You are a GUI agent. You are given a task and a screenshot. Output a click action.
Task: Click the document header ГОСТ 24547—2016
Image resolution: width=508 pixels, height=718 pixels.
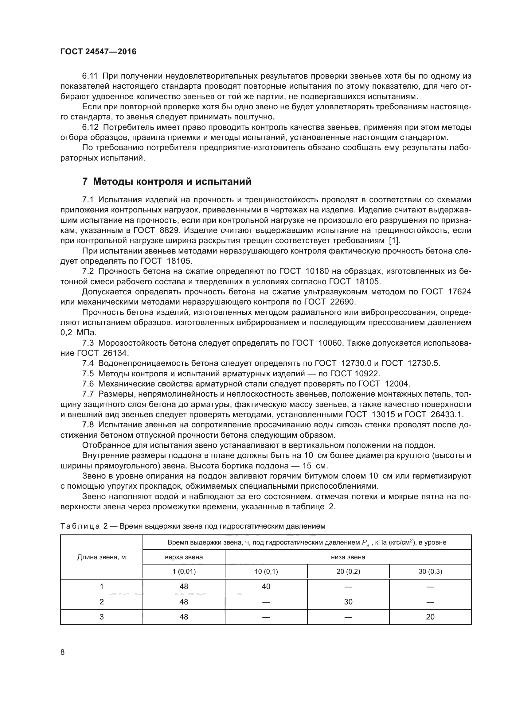pyautogui.click(x=98, y=52)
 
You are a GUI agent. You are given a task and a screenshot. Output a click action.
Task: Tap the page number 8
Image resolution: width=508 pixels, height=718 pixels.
pyautogui.click(x=63, y=652)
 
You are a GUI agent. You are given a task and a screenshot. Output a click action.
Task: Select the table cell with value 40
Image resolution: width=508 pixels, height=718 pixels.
pyautogui.click(x=266, y=586)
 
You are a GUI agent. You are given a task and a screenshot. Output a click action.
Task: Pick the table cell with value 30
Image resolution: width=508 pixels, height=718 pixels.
pyautogui.click(x=348, y=602)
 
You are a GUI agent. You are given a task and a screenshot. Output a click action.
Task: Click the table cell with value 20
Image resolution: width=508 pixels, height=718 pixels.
pyautogui.click(x=430, y=617)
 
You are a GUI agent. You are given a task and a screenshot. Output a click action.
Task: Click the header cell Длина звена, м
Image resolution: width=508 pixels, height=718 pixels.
pyautogui.click(x=101, y=557)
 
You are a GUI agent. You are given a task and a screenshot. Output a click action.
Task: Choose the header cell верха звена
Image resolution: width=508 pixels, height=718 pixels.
pyautogui.click(x=184, y=557)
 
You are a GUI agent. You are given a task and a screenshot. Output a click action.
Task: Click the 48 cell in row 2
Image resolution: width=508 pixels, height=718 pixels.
pyautogui.click(x=184, y=602)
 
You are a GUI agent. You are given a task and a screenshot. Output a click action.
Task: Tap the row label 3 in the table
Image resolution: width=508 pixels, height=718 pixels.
pyautogui.click(x=101, y=617)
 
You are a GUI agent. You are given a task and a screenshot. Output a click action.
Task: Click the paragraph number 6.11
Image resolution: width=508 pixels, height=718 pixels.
pyautogui.click(x=90, y=76)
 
